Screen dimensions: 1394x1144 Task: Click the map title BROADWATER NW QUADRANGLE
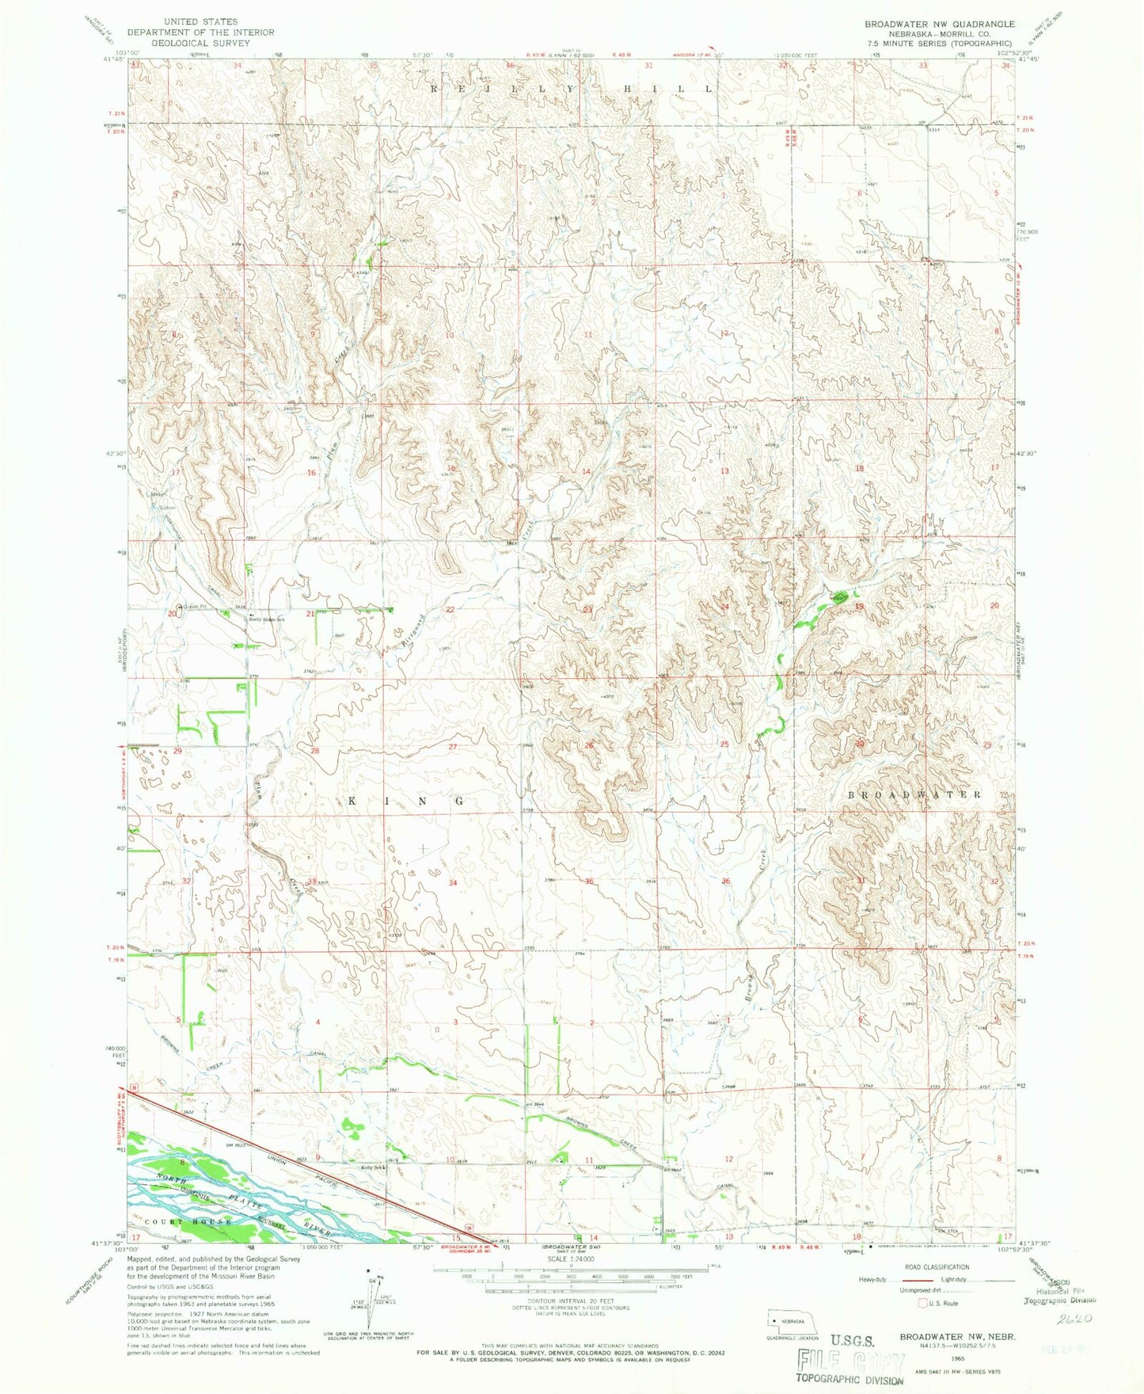click(x=938, y=24)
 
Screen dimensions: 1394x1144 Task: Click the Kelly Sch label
click(x=372, y=1167)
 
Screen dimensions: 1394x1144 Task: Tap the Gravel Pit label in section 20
click(x=192, y=607)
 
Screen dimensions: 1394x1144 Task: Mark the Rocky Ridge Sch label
click(x=268, y=619)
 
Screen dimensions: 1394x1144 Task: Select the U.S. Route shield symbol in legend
click(x=922, y=1302)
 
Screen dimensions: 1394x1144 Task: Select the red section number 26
click(x=588, y=745)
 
